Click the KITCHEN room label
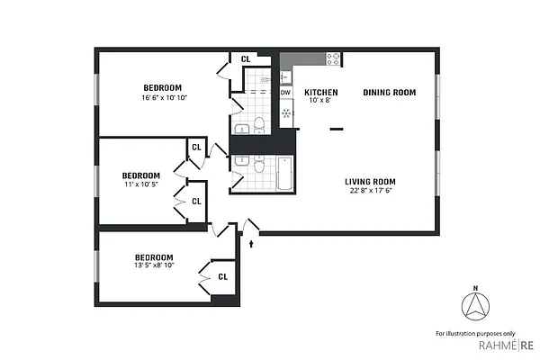pyautogui.click(x=320, y=93)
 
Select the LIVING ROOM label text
pyautogui.click(x=373, y=181)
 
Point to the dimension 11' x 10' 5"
pyautogui.click(x=141, y=184)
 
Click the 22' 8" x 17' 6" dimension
pyautogui.click(x=373, y=191)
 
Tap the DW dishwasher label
pyautogui.click(x=285, y=93)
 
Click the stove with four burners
pyautogui.click(x=333, y=59)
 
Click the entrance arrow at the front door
pyautogui.click(x=251, y=241)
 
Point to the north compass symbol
pyautogui.click(x=475, y=308)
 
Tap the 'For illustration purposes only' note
pyautogui.click(x=475, y=333)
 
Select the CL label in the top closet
pyautogui.click(x=244, y=59)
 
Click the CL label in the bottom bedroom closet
pyautogui.click(x=222, y=277)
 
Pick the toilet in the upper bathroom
pyautogui.click(x=258, y=124)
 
